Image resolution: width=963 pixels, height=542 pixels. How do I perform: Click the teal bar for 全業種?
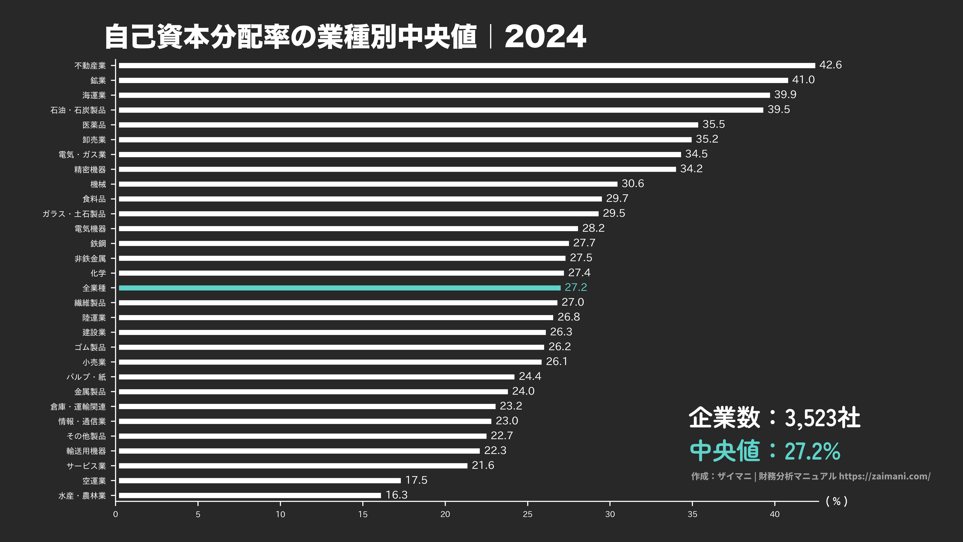coord(339,288)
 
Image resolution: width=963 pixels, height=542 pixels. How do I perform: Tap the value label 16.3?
coord(396,495)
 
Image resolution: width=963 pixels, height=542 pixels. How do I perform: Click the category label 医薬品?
coord(94,125)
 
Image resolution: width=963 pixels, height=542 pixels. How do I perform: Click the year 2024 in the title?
coord(545,37)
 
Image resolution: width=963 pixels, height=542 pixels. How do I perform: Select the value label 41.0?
coord(803,80)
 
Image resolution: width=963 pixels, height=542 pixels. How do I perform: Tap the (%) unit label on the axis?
coord(836,501)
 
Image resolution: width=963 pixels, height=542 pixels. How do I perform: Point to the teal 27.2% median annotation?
coord(812,451)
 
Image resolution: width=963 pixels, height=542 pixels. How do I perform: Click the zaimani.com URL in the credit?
coord(884,476)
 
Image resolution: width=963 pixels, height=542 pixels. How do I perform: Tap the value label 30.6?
coord(632,184)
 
